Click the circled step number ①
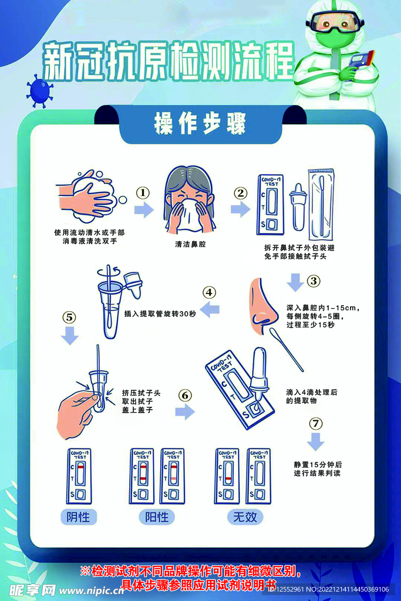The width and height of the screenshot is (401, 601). [143, 193]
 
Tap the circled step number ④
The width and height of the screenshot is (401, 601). [209, 292]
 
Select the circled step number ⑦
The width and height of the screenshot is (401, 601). [315, 424]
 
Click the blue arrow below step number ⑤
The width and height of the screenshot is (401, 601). [70, 336]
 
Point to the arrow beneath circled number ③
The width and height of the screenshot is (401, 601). [295, 282]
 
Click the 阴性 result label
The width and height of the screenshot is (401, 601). [79, 517]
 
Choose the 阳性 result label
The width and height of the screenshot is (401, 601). [157, 517]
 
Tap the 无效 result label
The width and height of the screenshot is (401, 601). [245, 517]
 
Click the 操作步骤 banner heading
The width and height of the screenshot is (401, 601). [200, 123]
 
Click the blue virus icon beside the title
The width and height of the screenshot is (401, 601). [39, 91]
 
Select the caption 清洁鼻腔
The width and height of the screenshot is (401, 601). [191, 244]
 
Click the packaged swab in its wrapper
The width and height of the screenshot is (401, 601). [321, 205]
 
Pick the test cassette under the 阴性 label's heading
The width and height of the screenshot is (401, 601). [79, 477]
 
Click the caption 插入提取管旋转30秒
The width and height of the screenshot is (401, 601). [160, 313]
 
